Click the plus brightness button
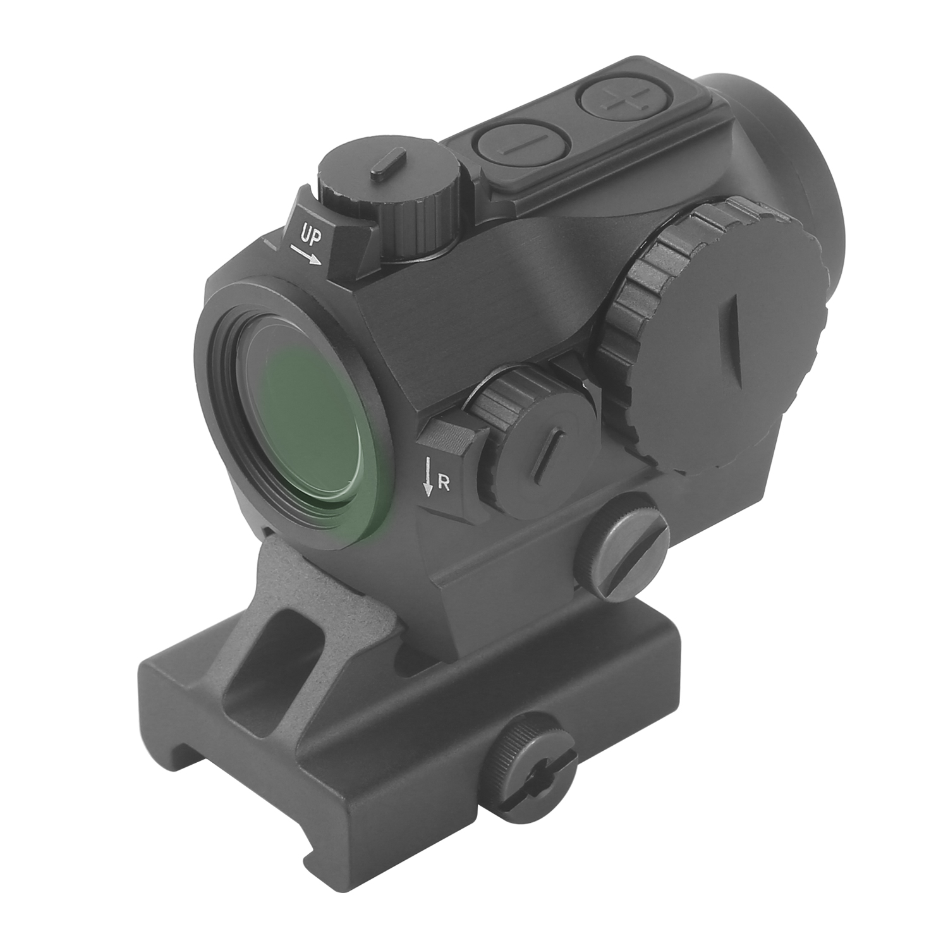click(611, 100)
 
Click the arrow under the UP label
click(306, 256)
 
